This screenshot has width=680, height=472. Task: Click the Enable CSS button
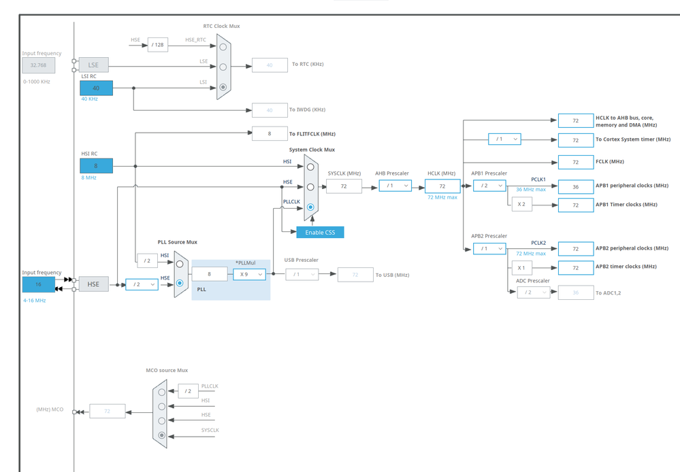tap(320, 233)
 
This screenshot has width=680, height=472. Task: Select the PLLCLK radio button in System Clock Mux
tap(310, 207)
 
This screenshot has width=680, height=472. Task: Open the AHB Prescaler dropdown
tap(395, 186)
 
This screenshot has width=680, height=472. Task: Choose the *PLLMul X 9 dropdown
tap(249, 274)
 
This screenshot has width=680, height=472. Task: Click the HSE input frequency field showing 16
tap(38, 284)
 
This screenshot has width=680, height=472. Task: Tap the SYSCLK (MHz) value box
tap(344, 186)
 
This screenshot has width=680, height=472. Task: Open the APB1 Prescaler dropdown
tap(489, 185)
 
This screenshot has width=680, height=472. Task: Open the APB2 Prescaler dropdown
tap(489, 248)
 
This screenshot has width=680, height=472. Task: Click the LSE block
tap(93, 65)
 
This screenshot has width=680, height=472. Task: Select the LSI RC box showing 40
tap(96, 88)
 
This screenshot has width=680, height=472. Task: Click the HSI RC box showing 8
tap(96, 165)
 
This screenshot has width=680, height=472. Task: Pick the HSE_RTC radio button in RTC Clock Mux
tap(223, 47)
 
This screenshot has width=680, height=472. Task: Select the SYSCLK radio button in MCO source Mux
tap(161, 435)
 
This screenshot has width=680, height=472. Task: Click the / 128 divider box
tap(158, 45)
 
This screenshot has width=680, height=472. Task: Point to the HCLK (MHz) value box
tap(442, 186)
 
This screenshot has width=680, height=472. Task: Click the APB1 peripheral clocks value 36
tap(575, 186)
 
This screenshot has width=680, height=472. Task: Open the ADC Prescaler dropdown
tap(534, 292)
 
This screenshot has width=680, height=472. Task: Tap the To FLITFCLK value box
tap(270, 134)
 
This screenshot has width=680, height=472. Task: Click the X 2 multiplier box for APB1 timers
tap(521, 204)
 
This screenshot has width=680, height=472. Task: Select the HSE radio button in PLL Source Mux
tap(180, 283)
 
